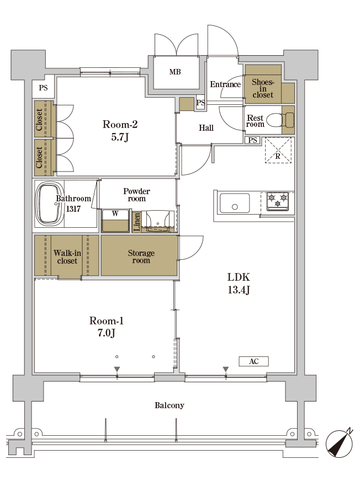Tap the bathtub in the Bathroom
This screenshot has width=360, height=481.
coord(50,204)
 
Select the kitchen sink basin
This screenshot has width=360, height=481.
coord(235,203)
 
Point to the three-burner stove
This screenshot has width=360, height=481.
coord(278,201)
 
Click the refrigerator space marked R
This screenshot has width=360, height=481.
coord(278,150)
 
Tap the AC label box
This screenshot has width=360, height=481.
coord(254,361)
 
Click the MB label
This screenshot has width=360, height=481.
coord(175,72)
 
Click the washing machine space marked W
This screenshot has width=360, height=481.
coord(115,221)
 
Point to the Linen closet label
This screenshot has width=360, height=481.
coord(137,222)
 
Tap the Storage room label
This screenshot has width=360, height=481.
coord(141,256)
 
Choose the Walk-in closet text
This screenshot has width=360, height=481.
coord(67,256)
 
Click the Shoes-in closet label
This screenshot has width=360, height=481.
coord(263,88)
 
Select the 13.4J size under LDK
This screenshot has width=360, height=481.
coord(239,290)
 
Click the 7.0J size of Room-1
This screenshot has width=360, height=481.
coord(106,333)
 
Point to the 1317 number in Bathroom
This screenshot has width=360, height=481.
coord(73,209)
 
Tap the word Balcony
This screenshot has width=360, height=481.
coord(170,405)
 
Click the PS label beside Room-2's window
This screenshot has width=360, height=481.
coord(43,88)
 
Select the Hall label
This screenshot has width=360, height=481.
coord(206,128)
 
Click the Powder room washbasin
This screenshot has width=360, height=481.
coord(157,221)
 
